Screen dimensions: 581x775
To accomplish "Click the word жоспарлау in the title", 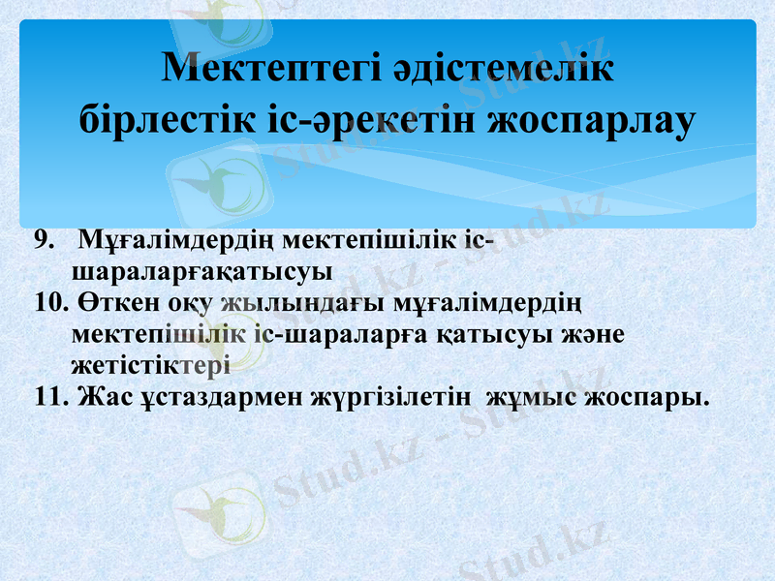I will pos(594,118).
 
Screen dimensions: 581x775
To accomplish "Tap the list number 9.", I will pos(43,239).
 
